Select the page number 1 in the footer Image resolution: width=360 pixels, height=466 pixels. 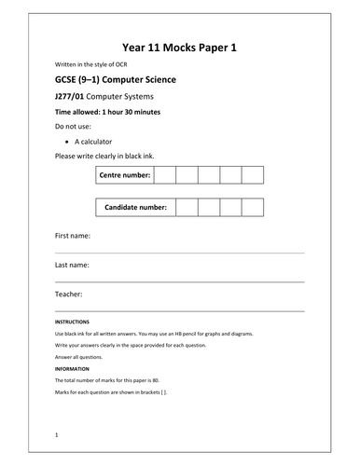57,434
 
